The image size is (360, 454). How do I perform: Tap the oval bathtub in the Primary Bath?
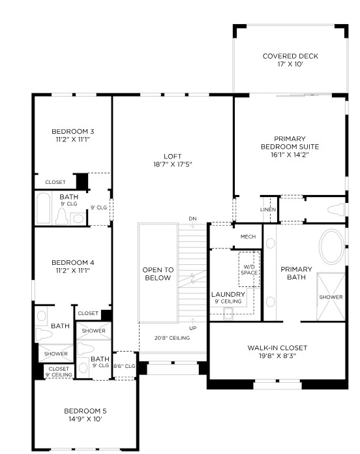[x=332, y=247]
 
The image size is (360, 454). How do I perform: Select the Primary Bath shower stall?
[x=331, y=297]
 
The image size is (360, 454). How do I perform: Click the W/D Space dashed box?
[x=249, y=269]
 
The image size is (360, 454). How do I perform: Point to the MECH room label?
[x=248, y=237]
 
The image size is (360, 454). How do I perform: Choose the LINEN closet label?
[x=268, y=209]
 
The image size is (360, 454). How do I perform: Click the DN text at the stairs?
[x=193, y=219]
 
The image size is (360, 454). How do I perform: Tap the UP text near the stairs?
[x=193, y=328]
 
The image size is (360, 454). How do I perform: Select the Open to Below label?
[x=158, y=274]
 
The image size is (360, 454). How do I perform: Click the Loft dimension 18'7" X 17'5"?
[x=173, y=164]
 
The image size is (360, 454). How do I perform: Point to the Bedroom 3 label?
[x=72, y=132]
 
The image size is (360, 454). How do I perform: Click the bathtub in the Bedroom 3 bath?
[x=44, y=208]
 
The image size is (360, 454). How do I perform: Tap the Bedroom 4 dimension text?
[x=72, y=271]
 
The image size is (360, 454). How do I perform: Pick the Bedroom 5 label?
[x=85, y=411]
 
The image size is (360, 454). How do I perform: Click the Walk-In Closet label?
[x=277, y=348]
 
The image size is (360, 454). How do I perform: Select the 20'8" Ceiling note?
[x=172, y=338]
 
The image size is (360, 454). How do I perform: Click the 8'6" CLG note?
[x=124, y=366]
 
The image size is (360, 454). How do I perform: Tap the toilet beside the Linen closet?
[x=336, y=209]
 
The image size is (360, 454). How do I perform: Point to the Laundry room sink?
[x=228, y=314]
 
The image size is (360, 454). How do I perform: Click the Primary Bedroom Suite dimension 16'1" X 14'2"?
[x=290, y=155]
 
